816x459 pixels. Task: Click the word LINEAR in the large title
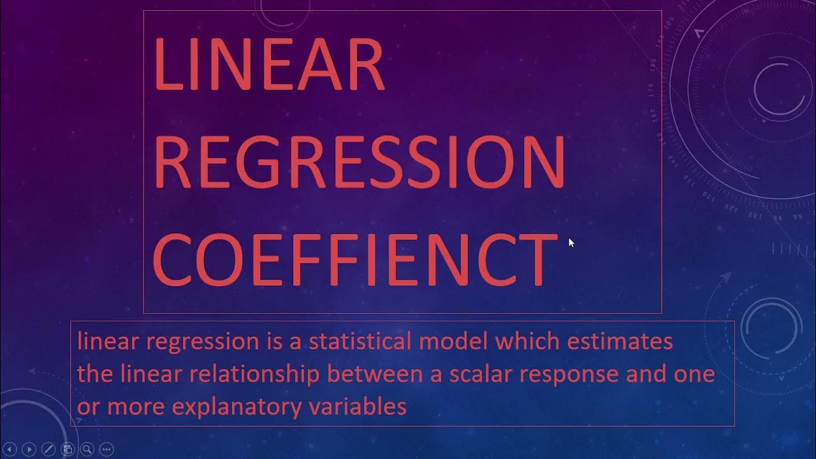pos(268,64)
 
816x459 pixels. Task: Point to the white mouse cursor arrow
pos(571,242)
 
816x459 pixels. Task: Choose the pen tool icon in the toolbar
pos(48,449)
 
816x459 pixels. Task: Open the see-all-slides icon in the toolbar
pos(68,449)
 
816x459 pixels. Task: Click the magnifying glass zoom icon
pos(87,449)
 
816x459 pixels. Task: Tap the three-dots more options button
pos(106,449)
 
